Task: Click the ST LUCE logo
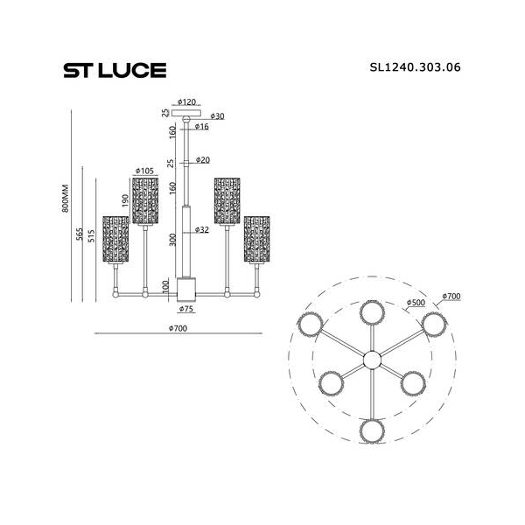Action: [115, 70]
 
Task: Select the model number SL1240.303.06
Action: [415, 67]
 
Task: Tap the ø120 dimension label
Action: [187, 101]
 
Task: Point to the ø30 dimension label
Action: [217, 116]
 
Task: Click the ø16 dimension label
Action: [202, 127]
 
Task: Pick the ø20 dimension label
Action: [203, 160]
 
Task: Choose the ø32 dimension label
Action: [202, 229]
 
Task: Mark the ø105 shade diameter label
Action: [144, 171]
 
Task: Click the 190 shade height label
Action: [125, 200]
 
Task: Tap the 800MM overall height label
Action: [65, 199]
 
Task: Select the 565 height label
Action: [80, 234]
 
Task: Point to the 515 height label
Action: [91, 235]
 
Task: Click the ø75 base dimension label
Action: [186, 309]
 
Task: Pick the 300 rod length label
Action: [172, 240]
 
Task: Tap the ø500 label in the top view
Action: [416, 303]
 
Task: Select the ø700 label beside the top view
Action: [451, 297]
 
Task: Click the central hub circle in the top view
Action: [373, 360]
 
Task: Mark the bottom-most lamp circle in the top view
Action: [373, 431]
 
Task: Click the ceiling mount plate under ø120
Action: [186, 113]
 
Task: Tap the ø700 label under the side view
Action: [178, 328]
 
